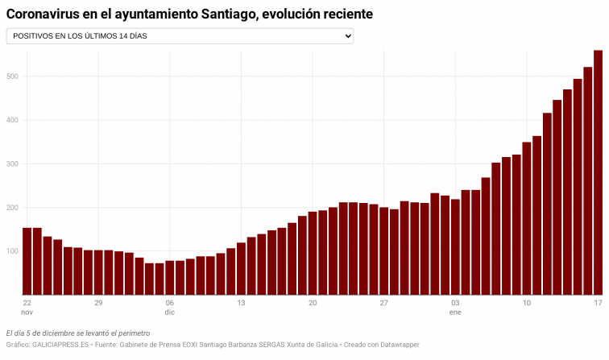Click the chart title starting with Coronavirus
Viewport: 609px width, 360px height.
[x=189, y=14]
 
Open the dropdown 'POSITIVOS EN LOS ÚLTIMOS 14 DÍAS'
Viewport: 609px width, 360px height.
[x=179, y=36]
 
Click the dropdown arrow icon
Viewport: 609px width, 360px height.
[x=348, y=36]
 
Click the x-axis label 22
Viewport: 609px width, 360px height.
[x=27, y=303]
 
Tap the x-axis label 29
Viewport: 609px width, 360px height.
[x=98, y=303]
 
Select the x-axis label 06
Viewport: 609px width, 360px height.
[x=169, y=303]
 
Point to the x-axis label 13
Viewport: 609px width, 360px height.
[x=241, y=303]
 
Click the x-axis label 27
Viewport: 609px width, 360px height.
[x=383, y=303]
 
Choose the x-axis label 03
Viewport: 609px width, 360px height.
[x=455, y=303]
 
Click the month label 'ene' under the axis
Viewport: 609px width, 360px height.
[x=455, y=312]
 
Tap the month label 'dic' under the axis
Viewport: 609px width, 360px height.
[x=169, y=312]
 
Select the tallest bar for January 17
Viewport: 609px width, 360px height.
[x=598, y=172]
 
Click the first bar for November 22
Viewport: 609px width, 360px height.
[x=27, y=261]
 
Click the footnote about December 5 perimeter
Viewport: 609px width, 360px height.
[x=77, y=333]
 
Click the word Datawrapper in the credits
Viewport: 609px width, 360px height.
[x=395, y=345]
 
